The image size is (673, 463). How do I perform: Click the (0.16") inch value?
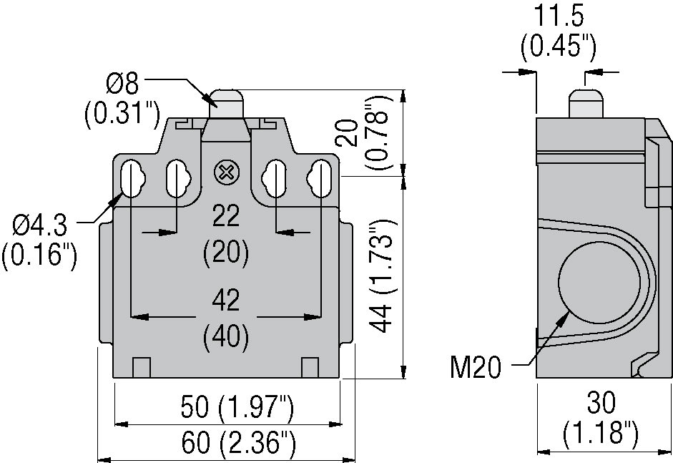[x=39, y=256]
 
